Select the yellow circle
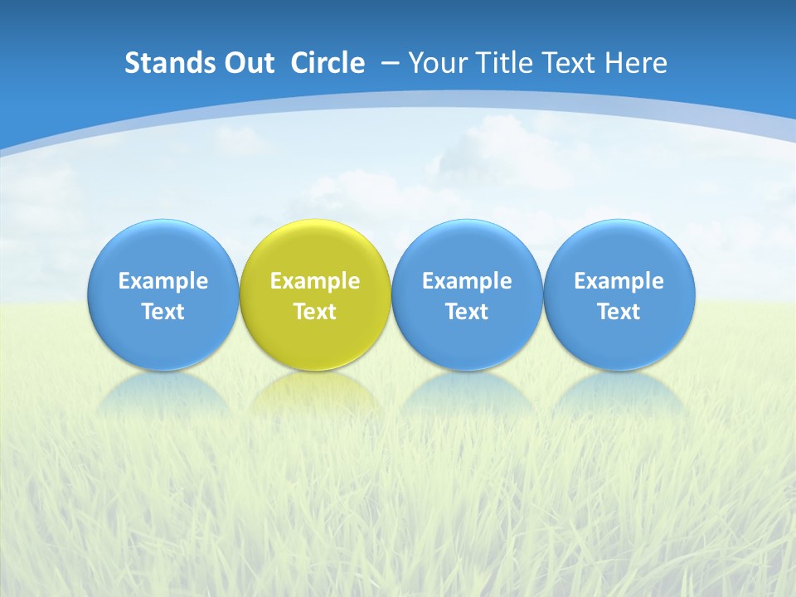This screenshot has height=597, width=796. point(315,249)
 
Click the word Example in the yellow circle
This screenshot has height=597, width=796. point(315,281)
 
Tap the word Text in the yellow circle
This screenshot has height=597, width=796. point(315,312)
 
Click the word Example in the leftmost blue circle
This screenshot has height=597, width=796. point(163,281)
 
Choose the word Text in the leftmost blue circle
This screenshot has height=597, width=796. point(163,312)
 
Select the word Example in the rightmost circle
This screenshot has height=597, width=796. point(619,281)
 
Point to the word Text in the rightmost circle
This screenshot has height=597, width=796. point(619,312)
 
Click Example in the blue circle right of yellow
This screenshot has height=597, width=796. point(467,281)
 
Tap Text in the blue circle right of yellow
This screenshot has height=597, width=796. point(467,312)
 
